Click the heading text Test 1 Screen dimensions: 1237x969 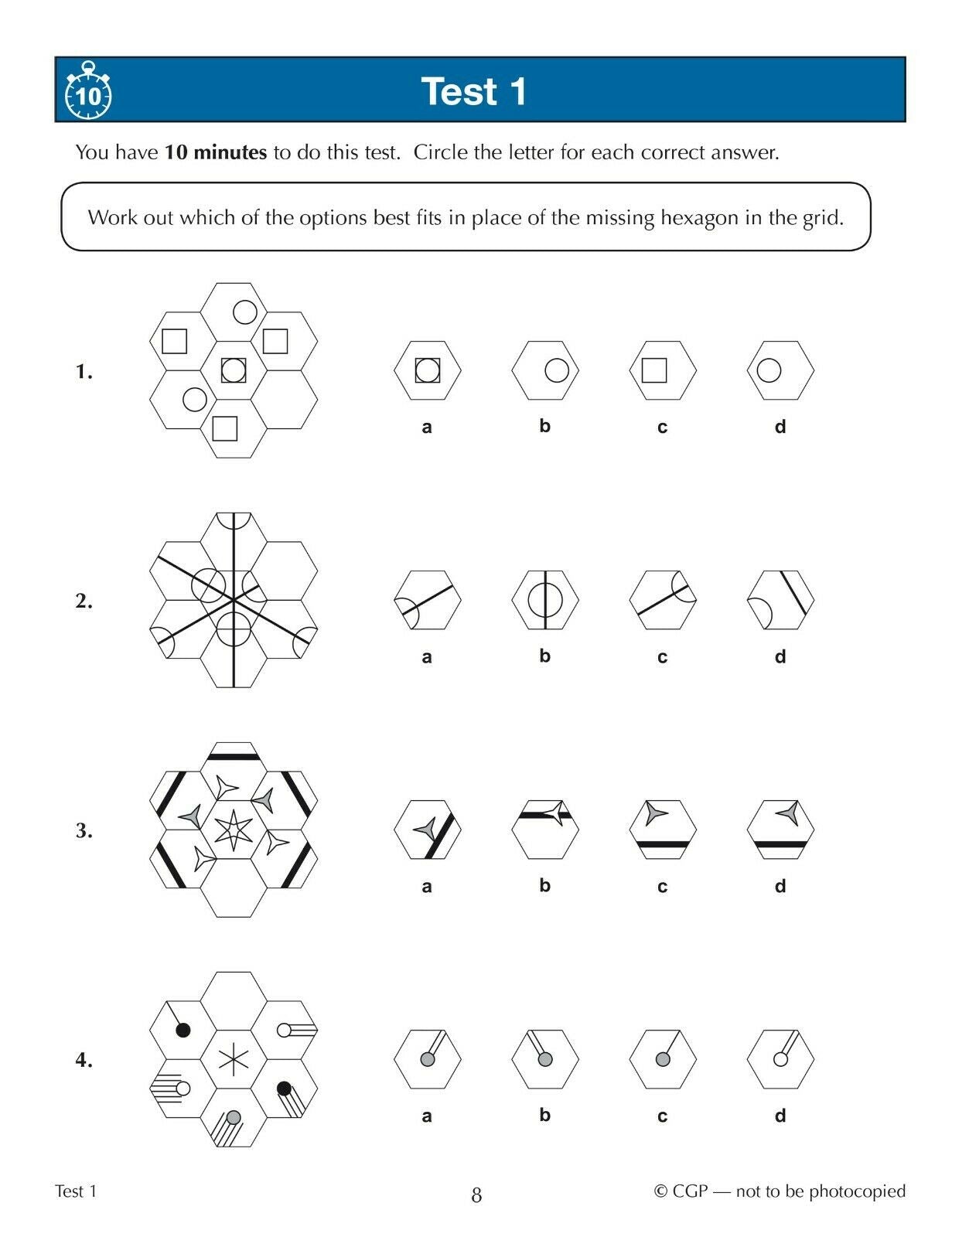pyautogui.click(x=474, y=91)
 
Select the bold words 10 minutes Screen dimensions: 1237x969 pyautogui.click(x=216, y=152)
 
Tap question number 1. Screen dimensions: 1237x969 pyautogui.click(x=84, y=372)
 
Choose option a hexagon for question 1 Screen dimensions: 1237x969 pyautogui.click(x=427, y=370)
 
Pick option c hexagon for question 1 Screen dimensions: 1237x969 pyautogui.click(x=663, y=370)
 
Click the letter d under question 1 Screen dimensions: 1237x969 pyautogui.click(x=780, y=426)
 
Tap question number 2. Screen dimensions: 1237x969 pyautogui.click(x=84, y=601)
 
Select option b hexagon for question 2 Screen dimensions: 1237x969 pyautogui.click(x=544, y=600)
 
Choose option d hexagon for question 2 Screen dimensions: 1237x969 pyautogui.click(x=780, y=600)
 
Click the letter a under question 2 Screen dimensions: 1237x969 pyautogui.click(x=427, y=657)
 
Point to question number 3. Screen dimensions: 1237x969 pyautogui.click(x=84, y=831)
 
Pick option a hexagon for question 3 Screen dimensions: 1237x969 pyautogui.click(x=427, y=830)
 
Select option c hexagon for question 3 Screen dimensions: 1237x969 pyautogui.click(x=663, y=830)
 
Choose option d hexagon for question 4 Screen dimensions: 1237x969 pyautogui.click(x=780, y=1059)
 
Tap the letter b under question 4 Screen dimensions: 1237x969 pyautogui.click(x=544, y=1115)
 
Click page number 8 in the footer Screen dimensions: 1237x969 pyautogui.click(x=476, y=1195)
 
